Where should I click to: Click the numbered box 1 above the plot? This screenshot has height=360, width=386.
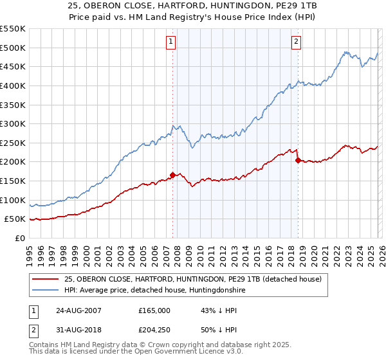click(x=171, y=42)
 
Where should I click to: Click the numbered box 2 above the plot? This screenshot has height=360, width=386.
click(x=296, y=42)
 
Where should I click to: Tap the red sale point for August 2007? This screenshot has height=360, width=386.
click(x=173, y=174)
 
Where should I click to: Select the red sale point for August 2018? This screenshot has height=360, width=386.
click(x=298, y=160)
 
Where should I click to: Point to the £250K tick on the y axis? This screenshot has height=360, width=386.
click(x=13, y=143)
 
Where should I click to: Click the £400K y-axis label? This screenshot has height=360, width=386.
click(x=13, y=85)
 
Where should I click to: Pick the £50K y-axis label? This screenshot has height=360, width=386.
click(x=15, y=219)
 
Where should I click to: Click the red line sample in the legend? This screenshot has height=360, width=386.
click(x=45, y=279)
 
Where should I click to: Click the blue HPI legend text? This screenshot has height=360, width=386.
click(x=155, y=291)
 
